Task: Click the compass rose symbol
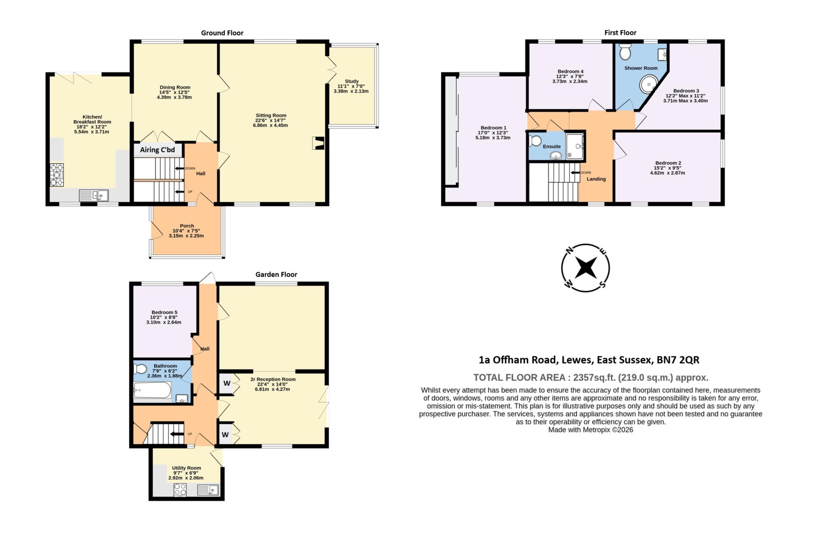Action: point(585,268)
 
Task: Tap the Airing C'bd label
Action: point(158,150)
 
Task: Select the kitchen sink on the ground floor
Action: point(93,195)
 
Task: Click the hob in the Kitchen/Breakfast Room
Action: point(57,175)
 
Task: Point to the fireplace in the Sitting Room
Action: point(318,143)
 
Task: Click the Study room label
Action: point(351,81)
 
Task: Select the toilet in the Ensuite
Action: point(536,141)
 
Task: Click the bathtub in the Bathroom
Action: point(152,390)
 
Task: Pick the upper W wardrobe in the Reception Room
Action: point(227,383)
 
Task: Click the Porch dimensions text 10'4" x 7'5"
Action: point(186,231)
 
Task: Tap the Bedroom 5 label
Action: point(164,312)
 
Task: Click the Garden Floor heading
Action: point(276,274)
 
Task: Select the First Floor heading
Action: point(620,33)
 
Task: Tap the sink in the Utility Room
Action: point(208,490)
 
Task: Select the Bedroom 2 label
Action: point(667,163)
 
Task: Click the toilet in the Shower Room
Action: point(625,52)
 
